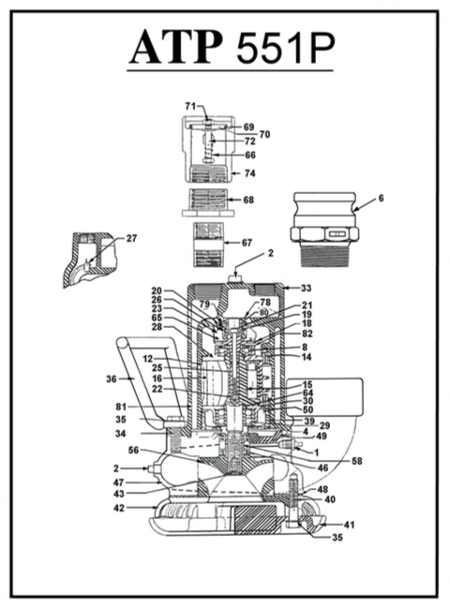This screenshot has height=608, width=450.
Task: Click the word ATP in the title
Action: [177, 46]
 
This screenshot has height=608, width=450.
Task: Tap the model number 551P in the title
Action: [286, 47]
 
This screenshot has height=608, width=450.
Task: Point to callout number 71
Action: [190, 106]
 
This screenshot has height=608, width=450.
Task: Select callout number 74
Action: [249, 173]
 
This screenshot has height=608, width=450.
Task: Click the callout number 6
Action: [381, 198]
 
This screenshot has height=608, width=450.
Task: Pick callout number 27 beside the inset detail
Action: [131, 238]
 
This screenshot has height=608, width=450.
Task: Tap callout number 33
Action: [306, 289]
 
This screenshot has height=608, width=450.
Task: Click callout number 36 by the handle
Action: [112, 378]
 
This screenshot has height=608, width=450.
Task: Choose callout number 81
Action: [121, 407]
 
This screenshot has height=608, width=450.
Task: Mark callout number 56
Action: [133, 451]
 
